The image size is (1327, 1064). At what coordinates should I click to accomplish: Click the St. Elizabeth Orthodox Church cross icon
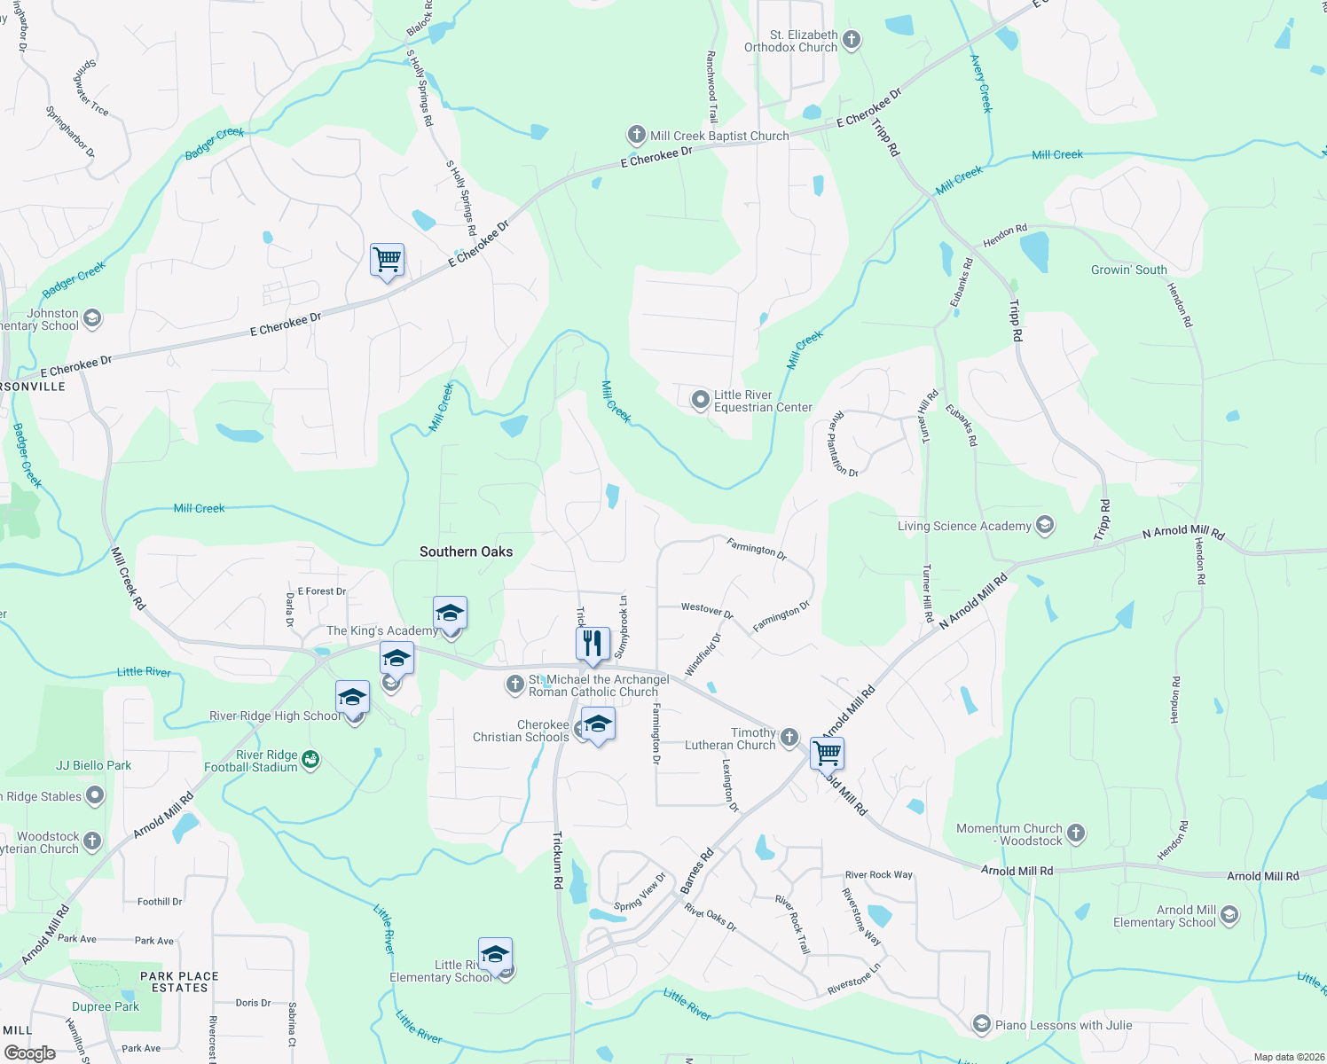[x=852, y=39]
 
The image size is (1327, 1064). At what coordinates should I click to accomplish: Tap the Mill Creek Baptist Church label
[x=718, y=136]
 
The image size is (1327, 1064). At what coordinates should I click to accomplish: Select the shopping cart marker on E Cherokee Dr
[x=387, y=260]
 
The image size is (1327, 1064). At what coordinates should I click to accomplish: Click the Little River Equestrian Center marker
[x=700, y=401]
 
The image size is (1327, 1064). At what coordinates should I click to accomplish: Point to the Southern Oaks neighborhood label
[x=466, y=552]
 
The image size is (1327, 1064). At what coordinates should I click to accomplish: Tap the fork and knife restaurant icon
[x=593, y=643]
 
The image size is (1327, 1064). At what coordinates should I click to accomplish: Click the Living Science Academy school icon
[x=1045, y=526]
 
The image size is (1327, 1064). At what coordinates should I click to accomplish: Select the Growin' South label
[x=1128, y=270]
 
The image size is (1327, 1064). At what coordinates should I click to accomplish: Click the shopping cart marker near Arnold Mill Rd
[x=827, y=753]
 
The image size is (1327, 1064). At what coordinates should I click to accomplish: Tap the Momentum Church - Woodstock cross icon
[x=1076, y=833]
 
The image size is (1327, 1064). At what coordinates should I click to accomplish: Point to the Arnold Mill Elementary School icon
[x=1229, y=915]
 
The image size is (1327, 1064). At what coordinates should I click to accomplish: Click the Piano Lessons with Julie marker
[x=981, y=1025]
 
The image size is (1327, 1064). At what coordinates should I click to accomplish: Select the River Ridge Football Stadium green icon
[x=310, y=760]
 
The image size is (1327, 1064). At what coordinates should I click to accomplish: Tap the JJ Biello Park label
[x=93, y=765]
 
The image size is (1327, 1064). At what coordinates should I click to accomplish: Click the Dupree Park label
[x=106, y=1006]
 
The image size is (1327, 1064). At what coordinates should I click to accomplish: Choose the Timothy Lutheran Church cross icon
[x=789, y=738]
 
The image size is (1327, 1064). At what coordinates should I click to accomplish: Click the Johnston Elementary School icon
[x=92, y=318]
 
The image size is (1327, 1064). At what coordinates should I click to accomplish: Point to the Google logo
[x=29, y=1053]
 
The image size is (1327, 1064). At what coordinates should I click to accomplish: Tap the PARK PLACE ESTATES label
[x=179, y=982]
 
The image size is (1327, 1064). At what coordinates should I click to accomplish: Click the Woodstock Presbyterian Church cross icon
[x=92, y=841]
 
